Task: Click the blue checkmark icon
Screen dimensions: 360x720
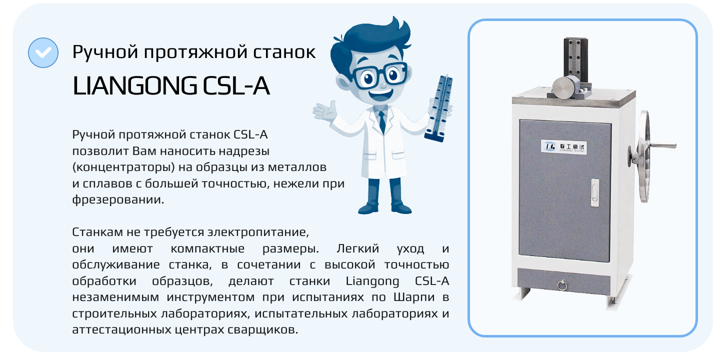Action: (x=43, y=52)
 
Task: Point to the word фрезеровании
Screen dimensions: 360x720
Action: (x=118, y=199)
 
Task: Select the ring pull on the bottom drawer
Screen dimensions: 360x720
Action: (x=561, y=285)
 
